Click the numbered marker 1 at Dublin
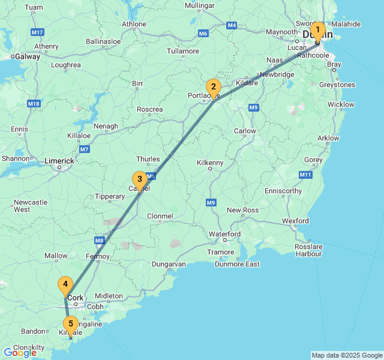point(317,31)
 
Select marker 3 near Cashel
point(139,179)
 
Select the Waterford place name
point(224,234)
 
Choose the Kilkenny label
point(210,163)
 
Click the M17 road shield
point(37,32)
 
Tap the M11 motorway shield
point(305,175)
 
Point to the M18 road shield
point(33,104)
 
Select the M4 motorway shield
point(232,25)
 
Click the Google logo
point(20,353)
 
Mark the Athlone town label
point(133,25)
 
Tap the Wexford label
point(295,221)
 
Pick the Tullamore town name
point(182,51)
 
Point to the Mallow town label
point(56,256)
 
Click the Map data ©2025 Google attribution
point(347,355)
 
